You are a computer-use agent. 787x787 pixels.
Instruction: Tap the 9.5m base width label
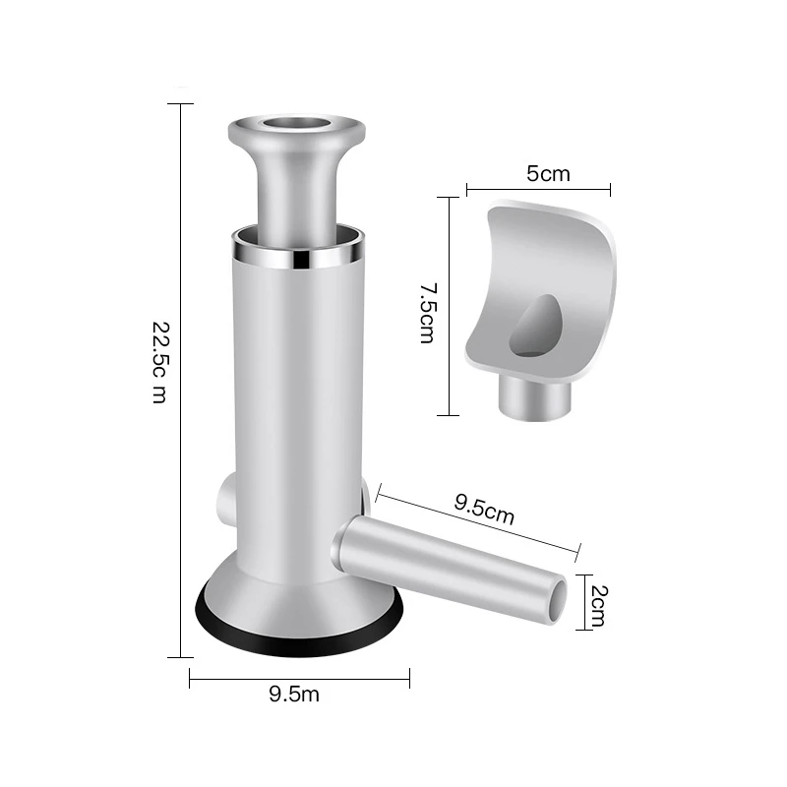tap(294, 695)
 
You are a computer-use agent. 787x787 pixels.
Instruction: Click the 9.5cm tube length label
tap(484, 511)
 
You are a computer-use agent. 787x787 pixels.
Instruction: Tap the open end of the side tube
tap(559, 600)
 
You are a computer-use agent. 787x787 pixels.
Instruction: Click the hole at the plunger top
tap(297, 127)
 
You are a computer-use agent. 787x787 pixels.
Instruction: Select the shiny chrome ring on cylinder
tap(297, 261)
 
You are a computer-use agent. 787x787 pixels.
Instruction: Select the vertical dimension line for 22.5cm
tap(181, 379)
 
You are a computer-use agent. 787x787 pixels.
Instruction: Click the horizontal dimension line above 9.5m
tap(299, 676)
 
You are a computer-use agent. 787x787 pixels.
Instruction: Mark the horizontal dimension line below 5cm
tap(538, 189)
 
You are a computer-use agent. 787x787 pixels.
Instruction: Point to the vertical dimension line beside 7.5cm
tap(449, 306)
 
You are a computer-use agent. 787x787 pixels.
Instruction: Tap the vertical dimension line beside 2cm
tap(582, 601)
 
